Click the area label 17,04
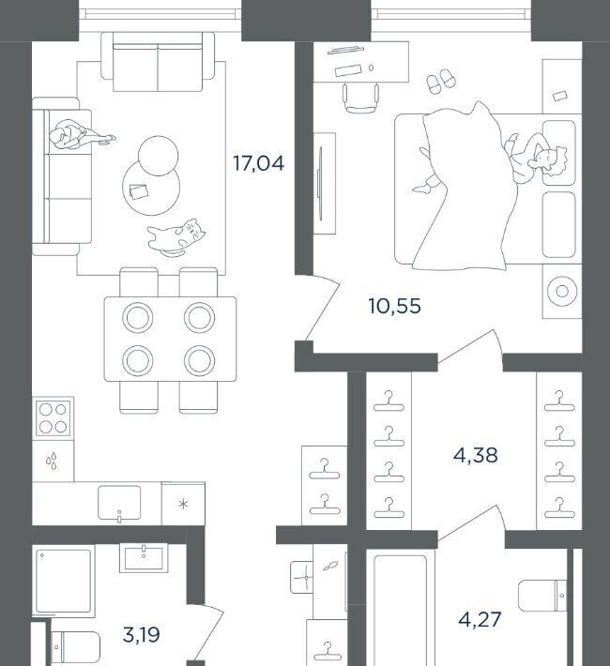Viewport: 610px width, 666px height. (258, 163)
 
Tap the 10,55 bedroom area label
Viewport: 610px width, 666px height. (394, 306)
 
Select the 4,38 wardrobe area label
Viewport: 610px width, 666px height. (475, 456)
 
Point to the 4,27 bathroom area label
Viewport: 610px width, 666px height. (480, 620)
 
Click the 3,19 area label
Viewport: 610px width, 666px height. (141, 635)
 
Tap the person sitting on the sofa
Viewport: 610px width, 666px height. (79, 135)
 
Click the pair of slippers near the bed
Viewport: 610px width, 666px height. (441, 81)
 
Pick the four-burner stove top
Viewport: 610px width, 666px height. (53, 418)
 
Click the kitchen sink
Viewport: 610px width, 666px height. (119, 503)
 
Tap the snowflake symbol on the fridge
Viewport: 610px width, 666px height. (183, 504)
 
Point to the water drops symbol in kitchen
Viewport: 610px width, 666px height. (53, 461)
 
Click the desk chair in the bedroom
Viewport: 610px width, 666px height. (360, 98)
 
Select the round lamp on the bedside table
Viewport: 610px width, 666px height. (562, 292)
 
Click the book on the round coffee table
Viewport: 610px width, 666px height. (139, 191)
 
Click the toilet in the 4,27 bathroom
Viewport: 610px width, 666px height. (542, 596)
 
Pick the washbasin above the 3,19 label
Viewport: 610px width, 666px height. (144, 557)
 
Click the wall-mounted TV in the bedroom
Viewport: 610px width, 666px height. (320, 184)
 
